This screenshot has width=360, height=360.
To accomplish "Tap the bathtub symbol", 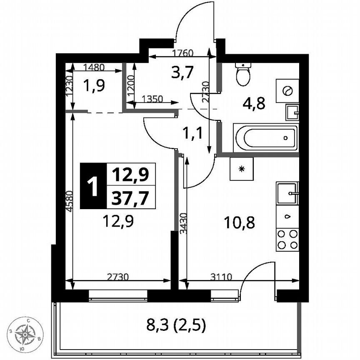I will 265,137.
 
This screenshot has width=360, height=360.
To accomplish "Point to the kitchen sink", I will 287,193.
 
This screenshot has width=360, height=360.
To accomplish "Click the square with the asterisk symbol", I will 242,169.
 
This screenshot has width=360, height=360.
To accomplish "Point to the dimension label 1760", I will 183,53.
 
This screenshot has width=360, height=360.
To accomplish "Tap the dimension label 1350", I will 152,99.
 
